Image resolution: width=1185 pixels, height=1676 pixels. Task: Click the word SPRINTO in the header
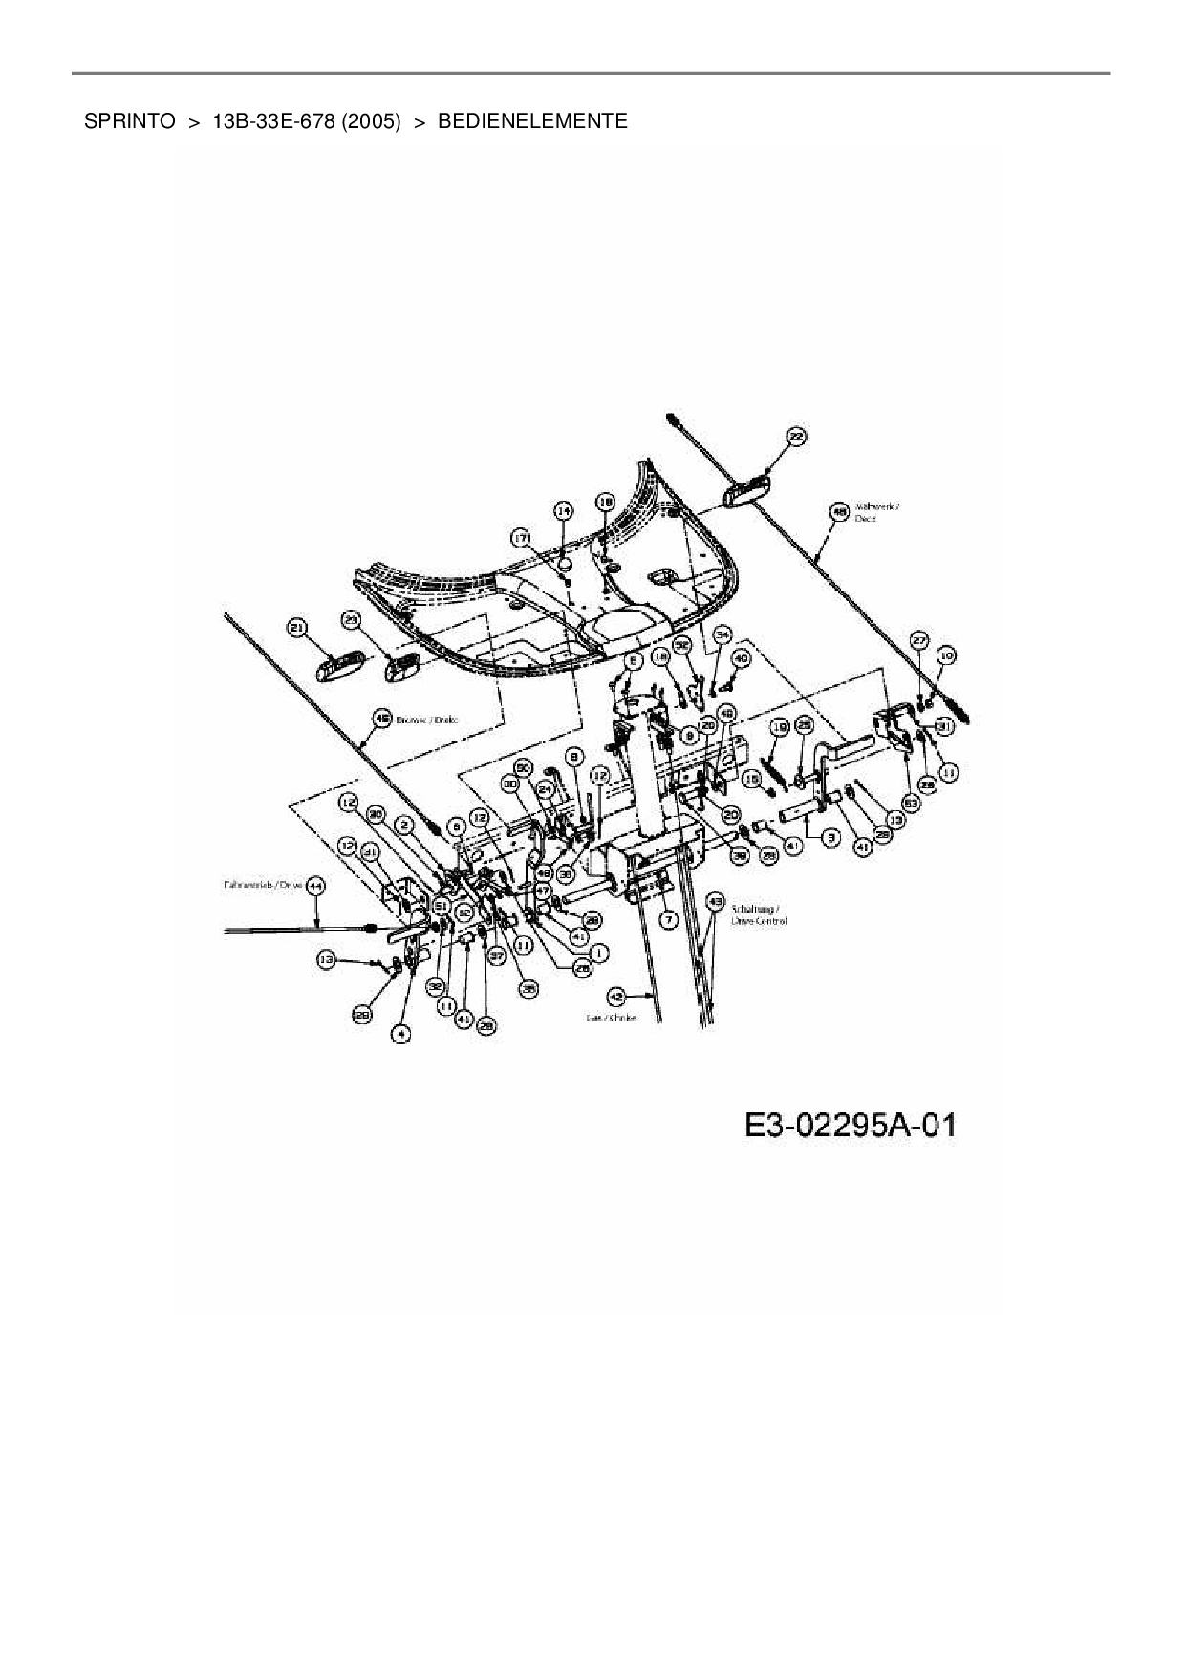(x=129, y=121)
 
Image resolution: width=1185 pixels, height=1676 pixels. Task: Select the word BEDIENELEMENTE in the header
(x=532, y=121)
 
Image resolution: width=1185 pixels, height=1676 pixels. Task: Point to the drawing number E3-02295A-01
(x=851, y=1125)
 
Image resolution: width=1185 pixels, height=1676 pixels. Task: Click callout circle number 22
(x=795, y=437)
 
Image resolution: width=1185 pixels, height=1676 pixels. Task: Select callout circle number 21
(x=297, y=627)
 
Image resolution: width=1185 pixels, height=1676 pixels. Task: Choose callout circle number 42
(x=616, y=997)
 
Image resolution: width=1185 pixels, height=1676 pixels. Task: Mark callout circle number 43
(x=714, y=900)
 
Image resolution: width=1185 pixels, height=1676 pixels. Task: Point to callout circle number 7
(x=668, y=919)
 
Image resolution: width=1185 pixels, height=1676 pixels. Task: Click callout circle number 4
(x=402, y=1034)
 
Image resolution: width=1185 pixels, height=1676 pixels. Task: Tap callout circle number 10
(x=946, y=655)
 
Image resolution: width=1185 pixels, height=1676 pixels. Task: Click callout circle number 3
(x=830, y=836)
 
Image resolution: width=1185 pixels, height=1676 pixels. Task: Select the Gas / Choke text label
(x=611, y=1019)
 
